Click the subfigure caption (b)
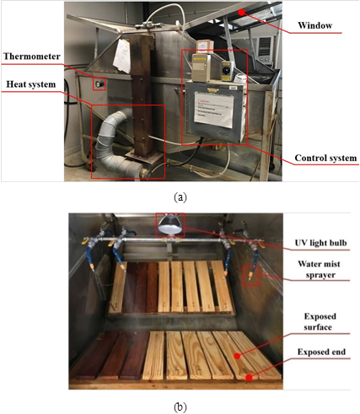(x=180, y=406)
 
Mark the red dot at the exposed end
(x=250, y=377)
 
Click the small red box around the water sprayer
(x=250, y=276)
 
